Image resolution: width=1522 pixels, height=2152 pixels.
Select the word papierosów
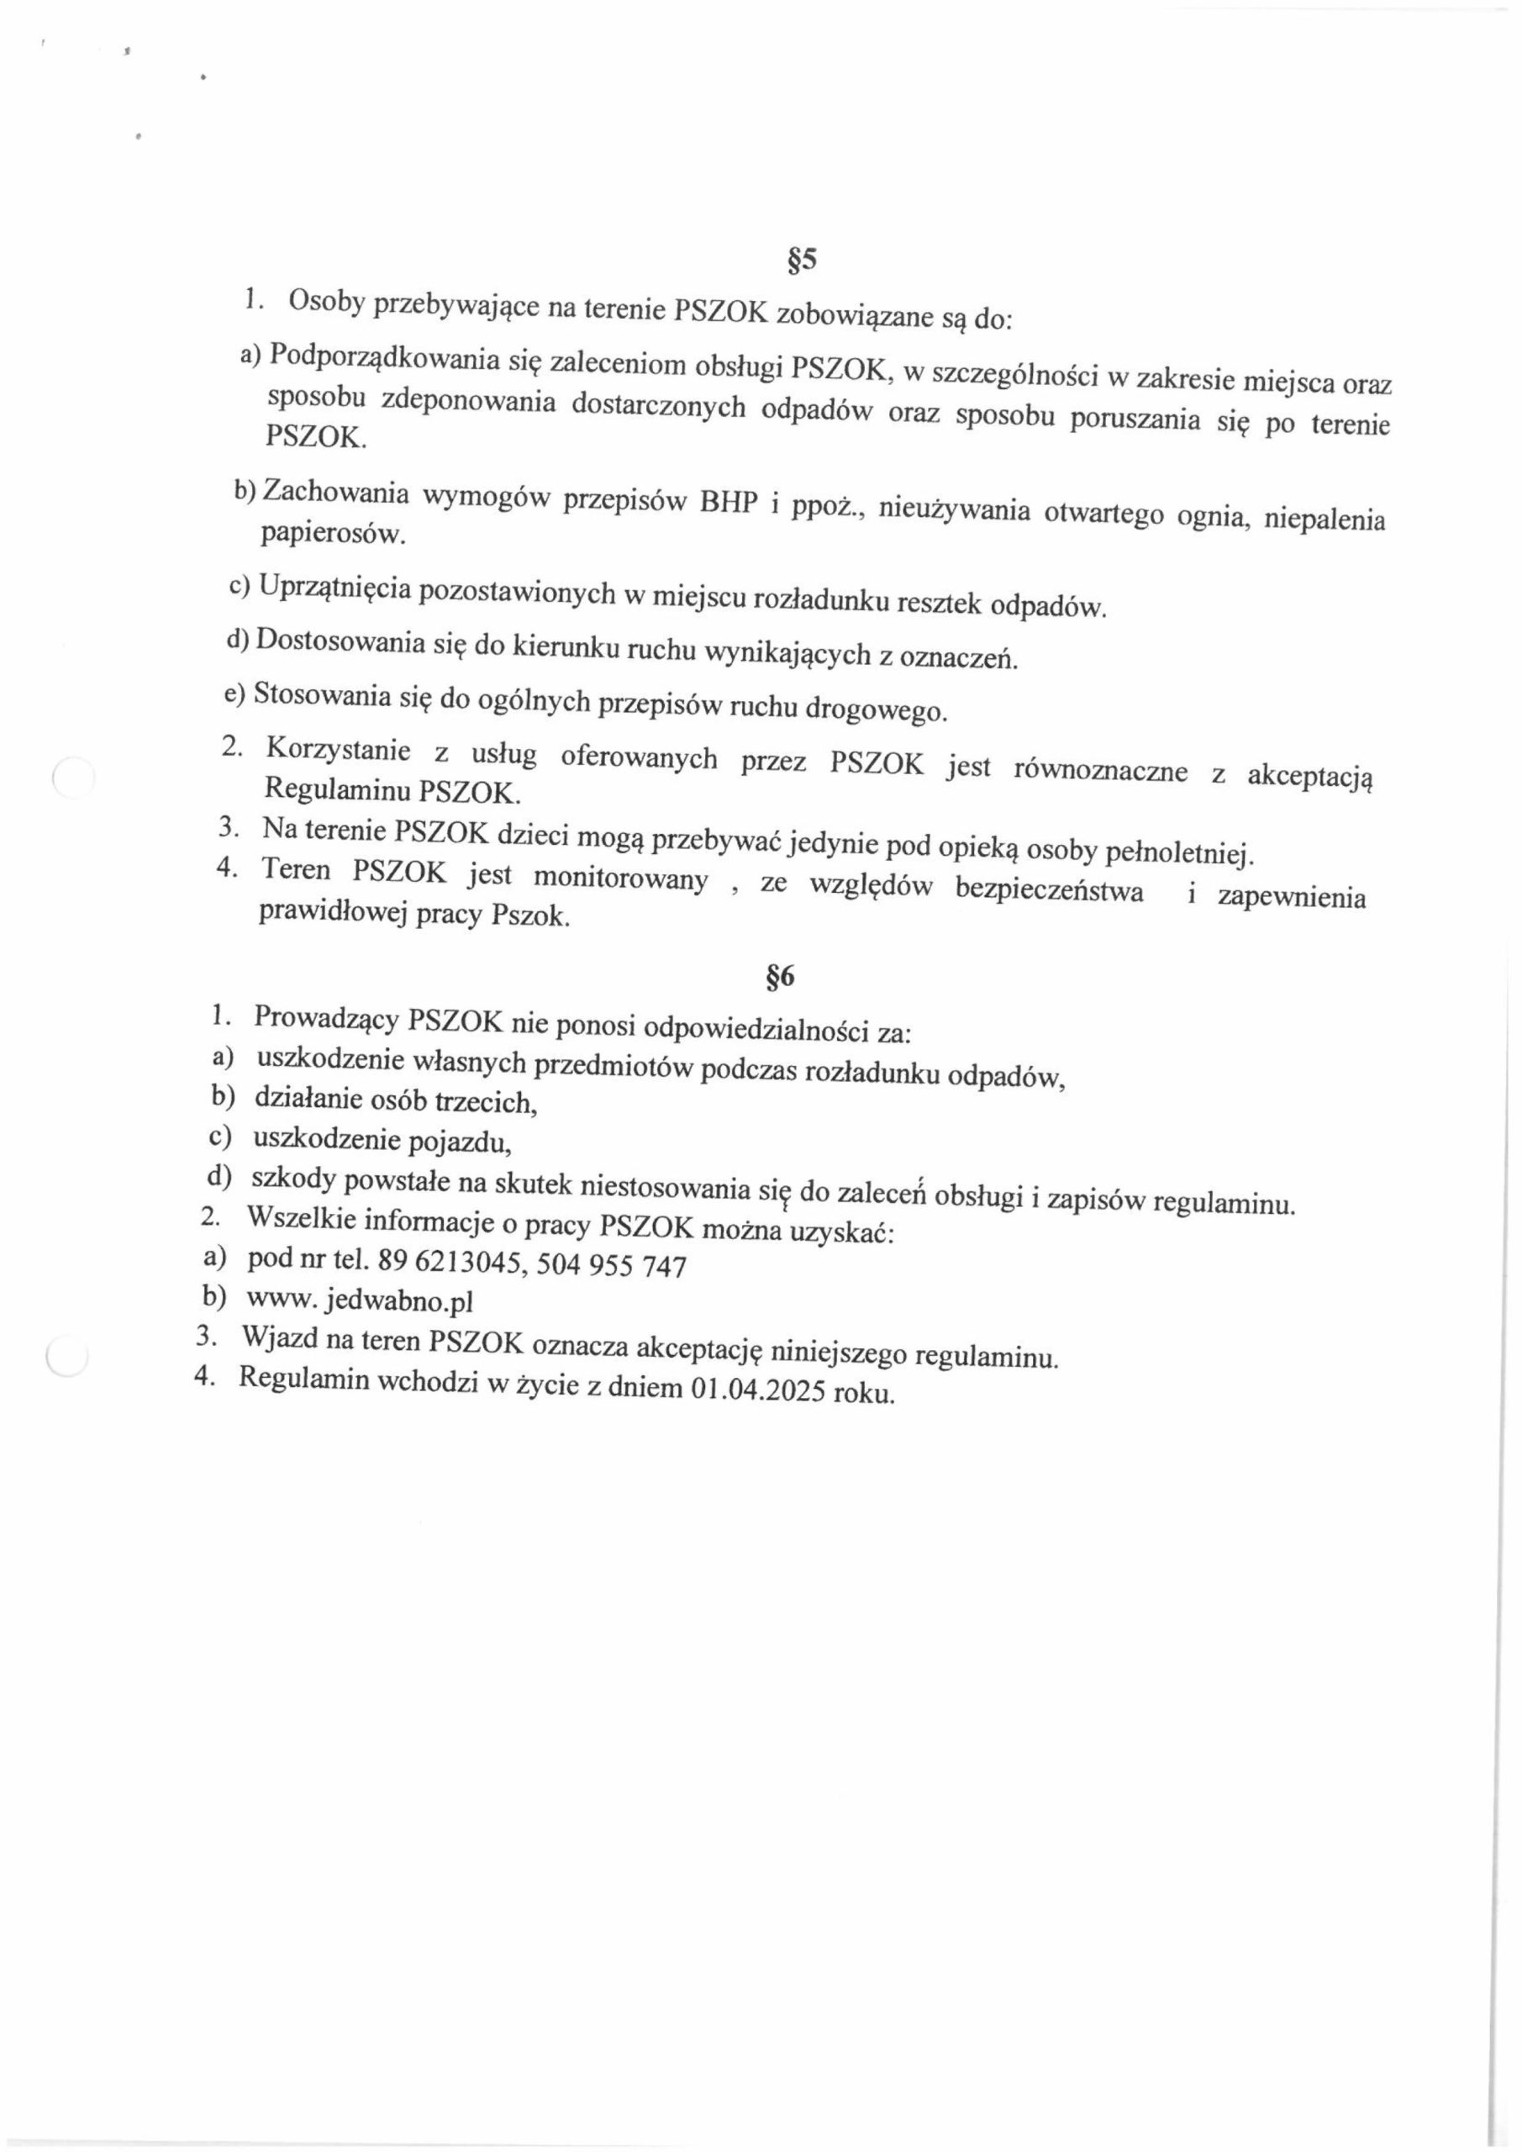pyautogui.click(x=334, y=535)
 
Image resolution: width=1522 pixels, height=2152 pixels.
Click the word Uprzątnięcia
pyautogui.click(x=334, y=587)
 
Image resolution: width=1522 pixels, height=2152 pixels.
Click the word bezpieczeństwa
pyautogui.click(x=1050, y=889)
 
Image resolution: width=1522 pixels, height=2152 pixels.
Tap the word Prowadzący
pyautogui.click(x=327, y=1018)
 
